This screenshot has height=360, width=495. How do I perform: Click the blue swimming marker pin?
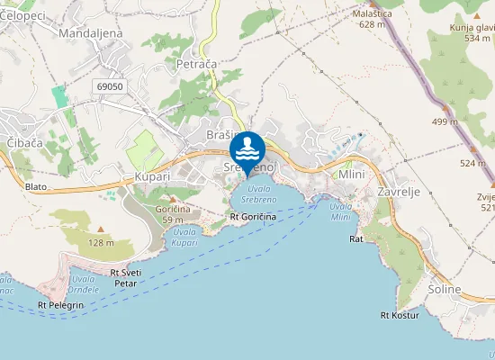point(247,149)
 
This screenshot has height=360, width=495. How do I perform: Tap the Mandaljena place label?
point(90,33)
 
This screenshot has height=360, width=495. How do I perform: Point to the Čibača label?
point(25,143)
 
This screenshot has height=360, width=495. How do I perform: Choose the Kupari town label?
point(151,177)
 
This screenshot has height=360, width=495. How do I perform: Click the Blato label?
point(36,187)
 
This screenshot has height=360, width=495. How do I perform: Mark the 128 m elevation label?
point(101,243)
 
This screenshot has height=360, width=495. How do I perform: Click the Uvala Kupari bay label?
point(183,238)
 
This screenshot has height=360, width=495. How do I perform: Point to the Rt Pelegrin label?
point(60,306)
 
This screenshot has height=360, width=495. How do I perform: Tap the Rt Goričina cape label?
point(253,217)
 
